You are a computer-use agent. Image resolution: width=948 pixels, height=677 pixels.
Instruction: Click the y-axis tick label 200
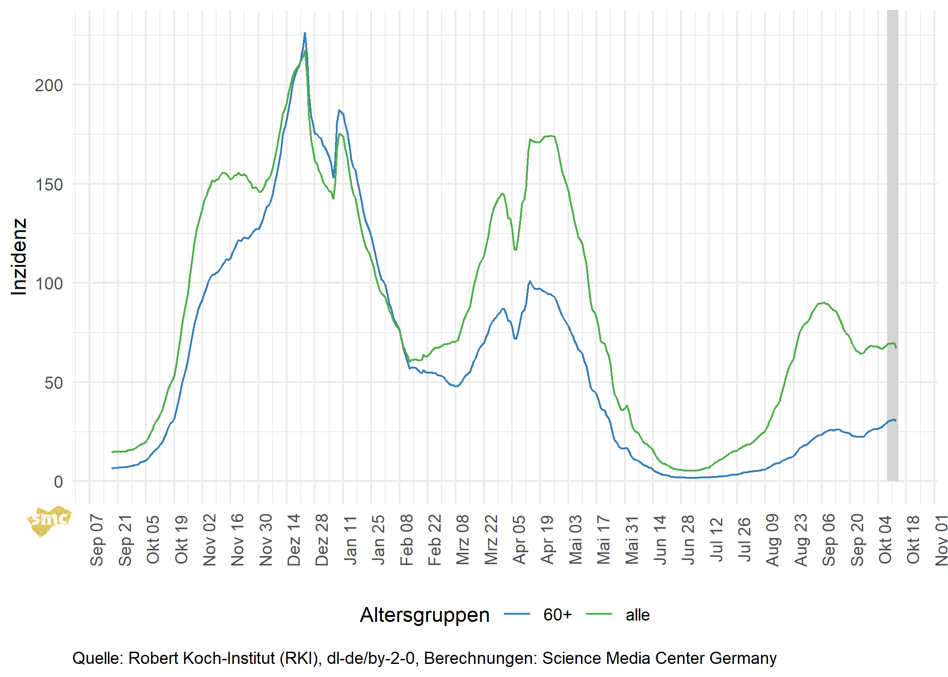coord(48,85)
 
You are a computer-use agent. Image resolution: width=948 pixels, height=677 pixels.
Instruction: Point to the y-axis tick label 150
coord(48,185)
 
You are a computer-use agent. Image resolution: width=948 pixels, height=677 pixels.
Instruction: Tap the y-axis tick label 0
coord(58,482)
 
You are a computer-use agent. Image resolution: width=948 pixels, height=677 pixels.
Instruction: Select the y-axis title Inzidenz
coord(19,257)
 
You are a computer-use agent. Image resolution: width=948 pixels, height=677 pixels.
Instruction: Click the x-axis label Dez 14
coord(294,539)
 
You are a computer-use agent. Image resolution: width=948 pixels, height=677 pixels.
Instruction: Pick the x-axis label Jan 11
coord(350,540)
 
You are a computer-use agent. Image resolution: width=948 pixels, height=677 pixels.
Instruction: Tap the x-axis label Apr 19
coord(548,539)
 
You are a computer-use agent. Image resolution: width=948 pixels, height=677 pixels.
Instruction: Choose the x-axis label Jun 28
coord(688,539)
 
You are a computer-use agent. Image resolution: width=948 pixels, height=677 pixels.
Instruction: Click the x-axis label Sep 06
coord(829,539)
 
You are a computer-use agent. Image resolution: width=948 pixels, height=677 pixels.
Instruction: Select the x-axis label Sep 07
coord(97,539)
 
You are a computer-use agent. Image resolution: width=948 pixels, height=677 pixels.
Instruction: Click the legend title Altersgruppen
coord(424,615)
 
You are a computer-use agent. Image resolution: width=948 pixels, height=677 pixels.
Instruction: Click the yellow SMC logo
coord(49,521)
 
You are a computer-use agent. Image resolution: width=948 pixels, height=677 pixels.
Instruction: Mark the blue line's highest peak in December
coord(305,33)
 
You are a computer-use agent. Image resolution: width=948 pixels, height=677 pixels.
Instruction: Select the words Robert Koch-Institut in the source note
coord(202,658)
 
